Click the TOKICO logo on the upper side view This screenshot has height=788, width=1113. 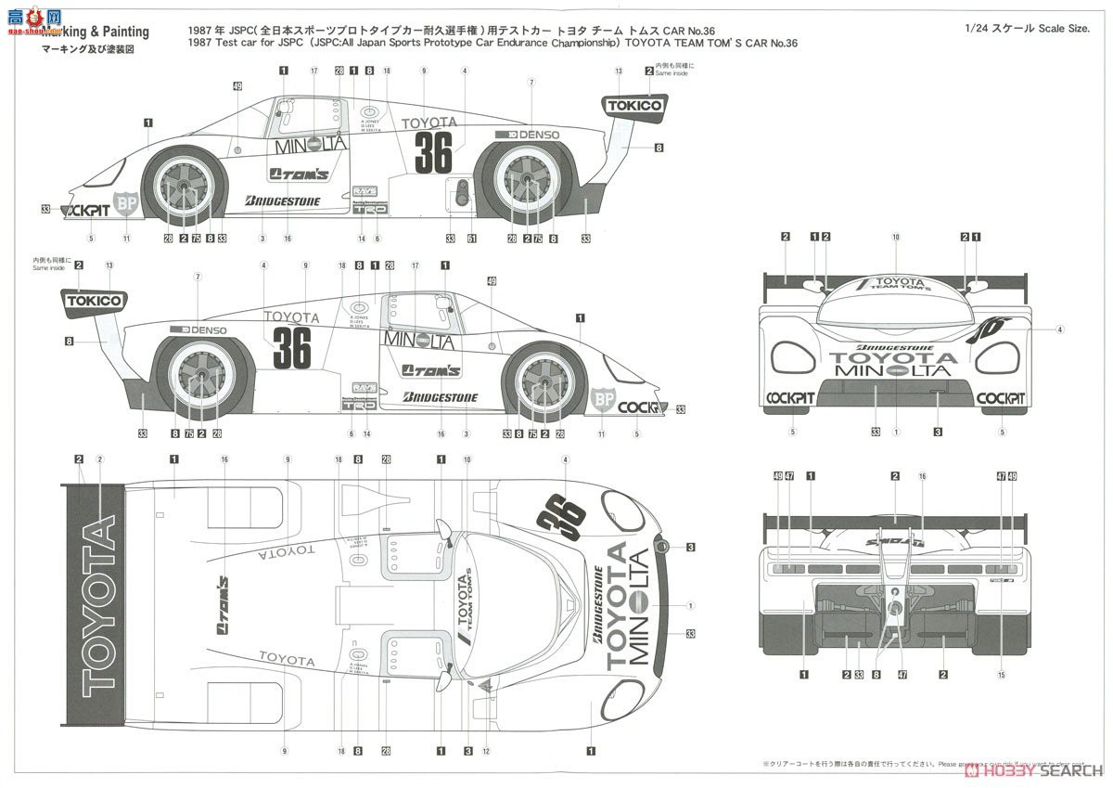coord(635,106)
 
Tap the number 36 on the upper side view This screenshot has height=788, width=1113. coord(433,153)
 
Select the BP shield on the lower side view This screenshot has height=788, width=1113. coord(604,400)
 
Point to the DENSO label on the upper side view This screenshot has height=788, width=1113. coord(527,135)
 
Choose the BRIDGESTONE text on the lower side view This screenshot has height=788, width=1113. coord(441,397)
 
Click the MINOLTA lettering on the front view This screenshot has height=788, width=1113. coord(892,370)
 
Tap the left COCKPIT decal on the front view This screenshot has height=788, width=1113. coord(789,398)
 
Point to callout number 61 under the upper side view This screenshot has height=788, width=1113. coord(471,239)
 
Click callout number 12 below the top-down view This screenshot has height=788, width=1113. coord(485,750)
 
